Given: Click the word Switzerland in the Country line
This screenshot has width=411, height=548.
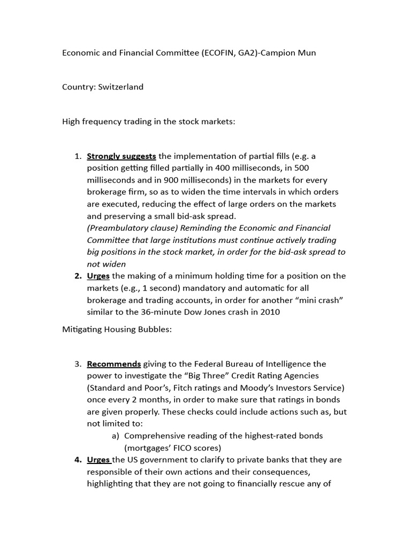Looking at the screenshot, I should [x=120, y=87].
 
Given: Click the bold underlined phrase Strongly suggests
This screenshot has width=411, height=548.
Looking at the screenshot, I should [x=121, y=156].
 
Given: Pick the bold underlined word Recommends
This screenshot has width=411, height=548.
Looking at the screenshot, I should [x=114, y=364].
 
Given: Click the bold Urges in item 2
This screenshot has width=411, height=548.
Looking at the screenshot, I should [x=98, y=276].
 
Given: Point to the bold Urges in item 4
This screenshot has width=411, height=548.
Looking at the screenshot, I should [x=98, y=460].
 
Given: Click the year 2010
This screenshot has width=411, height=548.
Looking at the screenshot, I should [x=269, y=311].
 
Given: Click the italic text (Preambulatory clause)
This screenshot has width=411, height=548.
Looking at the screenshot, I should [x=131, y=228].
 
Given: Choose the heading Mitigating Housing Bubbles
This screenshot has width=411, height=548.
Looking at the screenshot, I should [x=117, y=330].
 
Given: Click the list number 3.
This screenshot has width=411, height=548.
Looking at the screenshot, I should [x=78, y=364].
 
